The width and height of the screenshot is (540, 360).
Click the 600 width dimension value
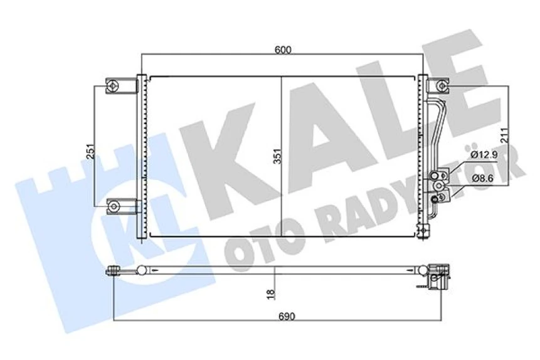tap(283, 50)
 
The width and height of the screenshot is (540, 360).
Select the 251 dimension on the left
tap(90, 151)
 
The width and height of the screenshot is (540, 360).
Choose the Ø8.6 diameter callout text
tap(482, 178)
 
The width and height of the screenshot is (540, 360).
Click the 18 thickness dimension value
tap(272, 294)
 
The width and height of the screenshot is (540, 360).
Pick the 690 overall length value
tap(287, 316)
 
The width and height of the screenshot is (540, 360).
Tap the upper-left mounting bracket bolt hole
tap(113, 85)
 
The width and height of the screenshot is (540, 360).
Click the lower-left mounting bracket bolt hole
tap(114, 206)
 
